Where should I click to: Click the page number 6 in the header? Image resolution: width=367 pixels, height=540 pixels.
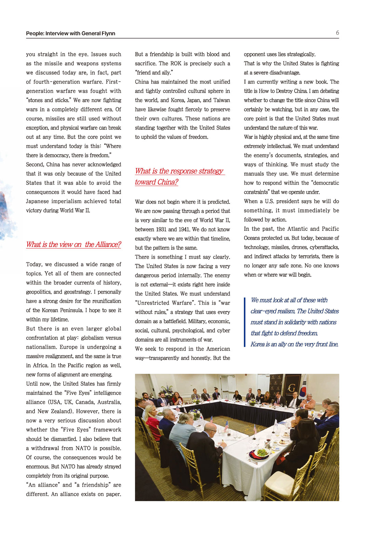[x=337, y=33]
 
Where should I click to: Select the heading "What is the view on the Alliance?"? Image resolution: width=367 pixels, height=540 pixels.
[x=73, y=245]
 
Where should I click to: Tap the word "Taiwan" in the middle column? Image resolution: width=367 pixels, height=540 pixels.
[x=222, y=100]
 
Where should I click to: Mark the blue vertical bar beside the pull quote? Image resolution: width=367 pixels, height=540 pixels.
[x=245, y=322]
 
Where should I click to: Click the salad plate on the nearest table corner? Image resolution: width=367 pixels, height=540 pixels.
[x=261, y=453]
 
